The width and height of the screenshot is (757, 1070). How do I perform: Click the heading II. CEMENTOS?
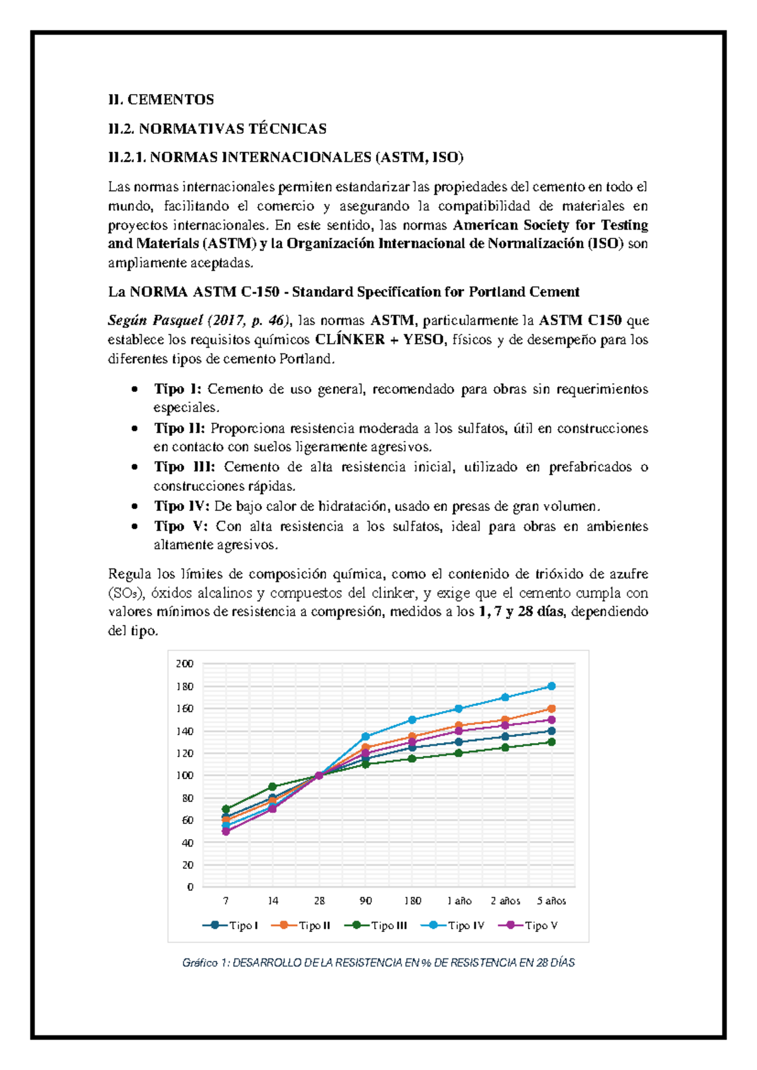(x=161, y=99)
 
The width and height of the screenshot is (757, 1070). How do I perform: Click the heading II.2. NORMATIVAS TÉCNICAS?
(x=217, y=129)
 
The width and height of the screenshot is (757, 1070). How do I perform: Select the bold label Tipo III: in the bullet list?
(x=184, y=467)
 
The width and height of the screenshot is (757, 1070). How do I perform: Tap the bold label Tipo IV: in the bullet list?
(x=181, y=506)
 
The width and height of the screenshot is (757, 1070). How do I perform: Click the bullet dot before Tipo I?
(x=134, y=389)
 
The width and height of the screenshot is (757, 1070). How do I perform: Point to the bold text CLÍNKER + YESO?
(x=378, y=339)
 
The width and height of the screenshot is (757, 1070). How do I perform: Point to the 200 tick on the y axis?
(x=184, y=664)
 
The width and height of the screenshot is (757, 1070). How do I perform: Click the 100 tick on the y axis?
(x=184, y=775)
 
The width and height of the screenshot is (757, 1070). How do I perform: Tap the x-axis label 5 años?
(x=551, y=901)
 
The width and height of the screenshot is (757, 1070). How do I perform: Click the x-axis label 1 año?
(x=459, y=901)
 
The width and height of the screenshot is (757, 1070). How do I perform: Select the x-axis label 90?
(x=365, y=901)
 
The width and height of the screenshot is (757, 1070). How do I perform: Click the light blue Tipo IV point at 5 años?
(x=551, y=686)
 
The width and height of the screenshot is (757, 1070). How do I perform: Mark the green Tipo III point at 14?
(x=273, y=787)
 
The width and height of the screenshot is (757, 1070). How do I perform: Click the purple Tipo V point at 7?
(x=226, y=832)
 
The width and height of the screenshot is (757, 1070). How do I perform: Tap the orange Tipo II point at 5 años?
(x=551, y=708)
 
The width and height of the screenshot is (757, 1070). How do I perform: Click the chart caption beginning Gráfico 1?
(x=378, y=963)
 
